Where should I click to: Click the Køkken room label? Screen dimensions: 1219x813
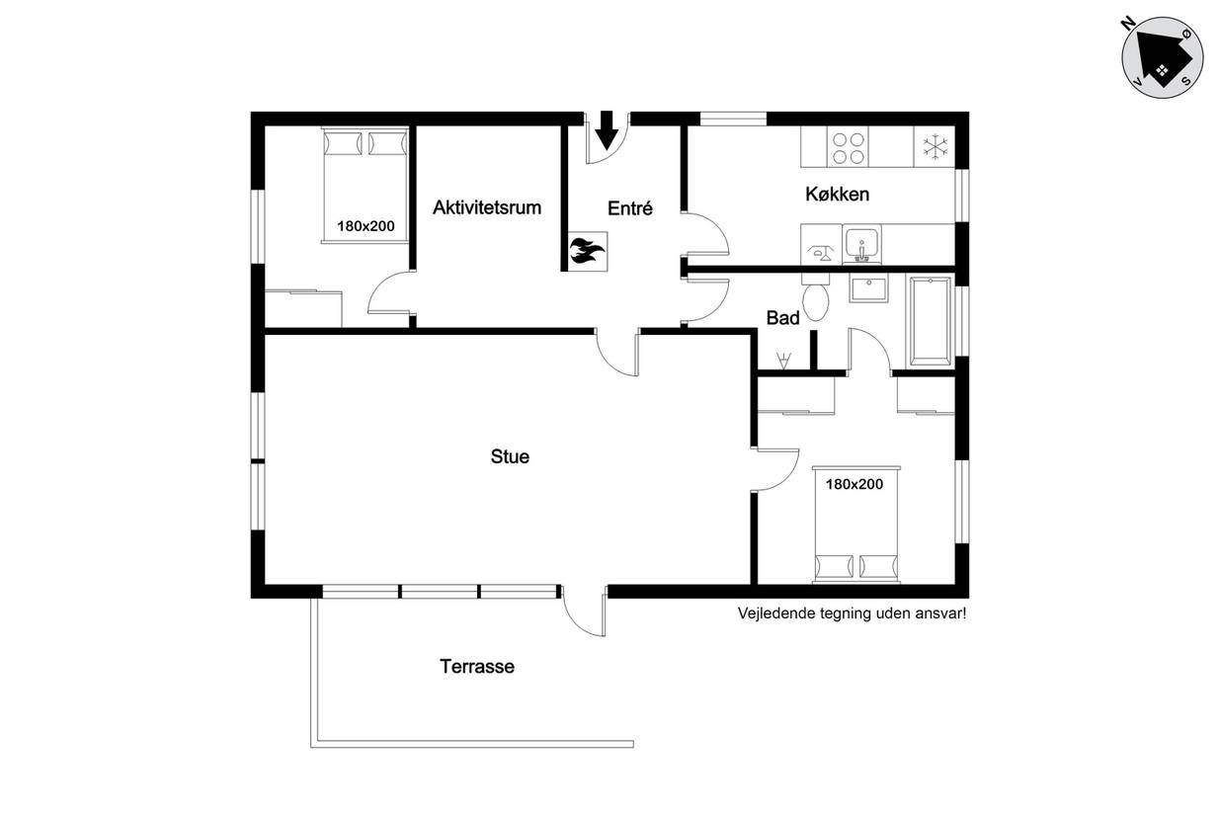pyautogui.click(x=837, y=195)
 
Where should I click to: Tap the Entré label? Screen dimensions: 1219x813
pyautogui.click(x=629, y=207)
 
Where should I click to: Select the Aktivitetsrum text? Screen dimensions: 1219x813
pyautogui.click(x=486, y=207)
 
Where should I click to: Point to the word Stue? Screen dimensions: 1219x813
pyautogui.click(x=510, y=456)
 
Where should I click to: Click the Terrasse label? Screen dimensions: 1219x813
pyautogui.click(x=477, y=667)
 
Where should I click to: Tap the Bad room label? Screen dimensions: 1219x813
pyautogui.click(x=782, y=318)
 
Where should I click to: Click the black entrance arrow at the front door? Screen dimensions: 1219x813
pyautogui.click(x=607, y=130)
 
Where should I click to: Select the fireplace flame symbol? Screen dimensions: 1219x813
pyautogui.click(x=587, y=252)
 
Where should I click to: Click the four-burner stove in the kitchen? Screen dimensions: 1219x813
pyautogui.click(x=848, y=147)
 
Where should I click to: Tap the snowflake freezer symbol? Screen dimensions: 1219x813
pyautogui.click(x=935, y=147)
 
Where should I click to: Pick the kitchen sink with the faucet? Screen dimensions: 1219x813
pyautogui.click(x=862, y=244)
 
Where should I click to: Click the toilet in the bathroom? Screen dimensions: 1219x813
pyautogui.click(x=816, y=297)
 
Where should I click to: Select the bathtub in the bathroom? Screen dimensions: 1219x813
pyautogui.click(x=930, y=321)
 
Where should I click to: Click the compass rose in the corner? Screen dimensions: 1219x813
pyautogui.click(x=1162, y=57)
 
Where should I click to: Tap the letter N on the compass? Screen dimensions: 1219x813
pyautogui.click(x=1128, y=24)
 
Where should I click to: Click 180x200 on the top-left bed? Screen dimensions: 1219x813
pyautogui.click(x=366, y=226)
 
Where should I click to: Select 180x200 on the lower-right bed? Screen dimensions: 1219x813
pyautogui.click(x=853, y=484)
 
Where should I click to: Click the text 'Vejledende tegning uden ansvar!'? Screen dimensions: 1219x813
pyautogui.click(x=852, y=613)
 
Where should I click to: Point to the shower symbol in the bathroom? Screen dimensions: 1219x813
pyautogui.click(x=783, y=360)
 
